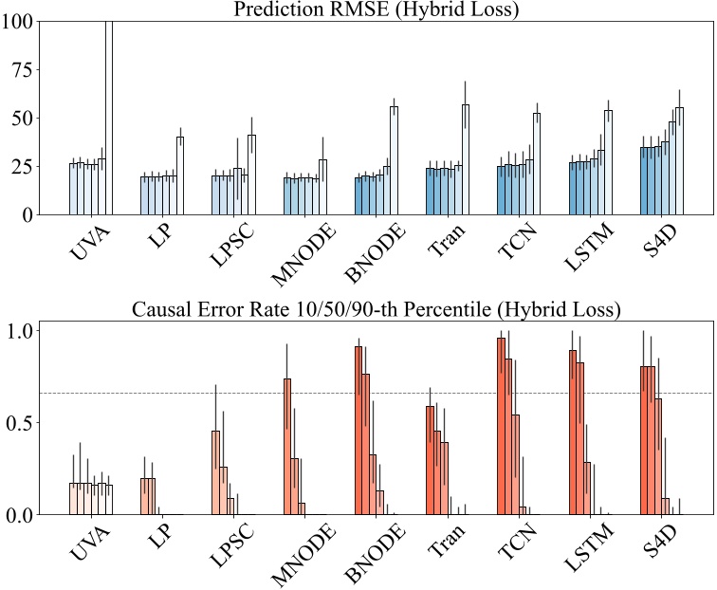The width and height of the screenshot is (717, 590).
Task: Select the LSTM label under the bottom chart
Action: (x=584, y=547)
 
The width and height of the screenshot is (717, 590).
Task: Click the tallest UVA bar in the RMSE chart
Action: (x=109, y=118)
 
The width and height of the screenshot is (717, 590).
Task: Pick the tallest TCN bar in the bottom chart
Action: (x=501, y=426)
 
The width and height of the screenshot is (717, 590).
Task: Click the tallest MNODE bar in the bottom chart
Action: (x=287, y=446)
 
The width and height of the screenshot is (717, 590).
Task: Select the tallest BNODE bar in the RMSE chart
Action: (x=394, y=160)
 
